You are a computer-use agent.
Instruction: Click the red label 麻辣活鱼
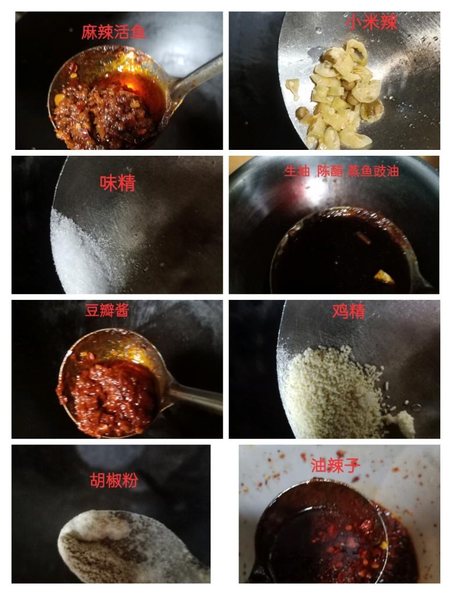click(113, 33)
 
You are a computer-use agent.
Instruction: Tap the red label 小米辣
click(371, 22)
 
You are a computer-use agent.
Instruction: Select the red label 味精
click(118, 183)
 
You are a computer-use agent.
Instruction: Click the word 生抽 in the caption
click(297, 171)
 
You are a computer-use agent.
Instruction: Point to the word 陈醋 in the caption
click(330, 171)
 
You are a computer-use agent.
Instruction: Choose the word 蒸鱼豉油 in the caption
click(373, 171)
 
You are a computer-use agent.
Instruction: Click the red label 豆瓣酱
click(107, 310)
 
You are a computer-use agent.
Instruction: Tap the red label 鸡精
click(348, 311)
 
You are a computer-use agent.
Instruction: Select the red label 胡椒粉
click(114, 481)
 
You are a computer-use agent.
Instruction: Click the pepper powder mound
click(125, 546)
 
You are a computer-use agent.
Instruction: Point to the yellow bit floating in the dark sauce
click(384, 277)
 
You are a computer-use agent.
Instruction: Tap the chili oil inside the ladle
click(323, 535)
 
